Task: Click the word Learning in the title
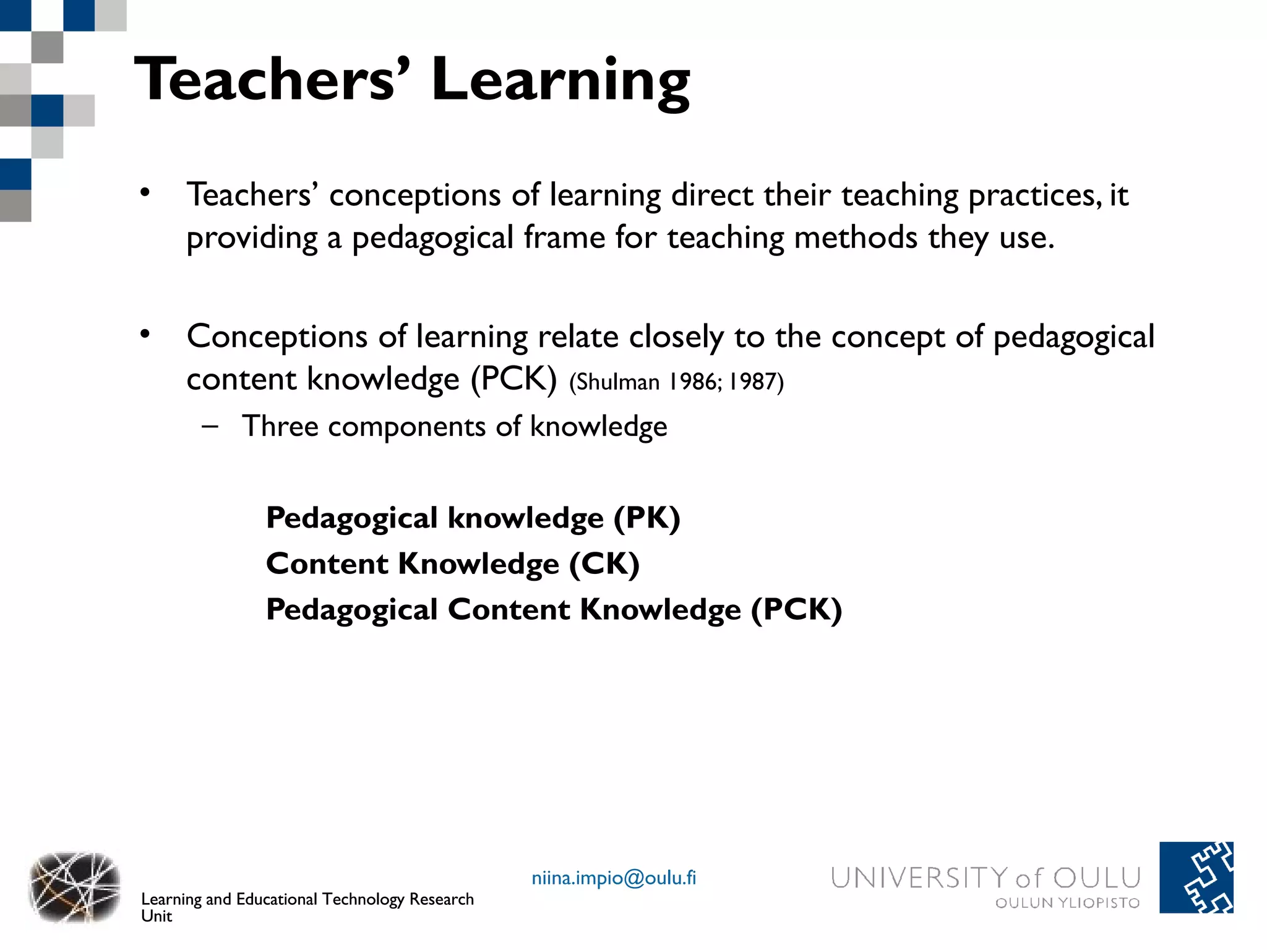click(560, 80)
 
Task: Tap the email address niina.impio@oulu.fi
click(614, 878)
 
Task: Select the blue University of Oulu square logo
click(1196, 877)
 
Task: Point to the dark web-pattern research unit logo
click(74, 886)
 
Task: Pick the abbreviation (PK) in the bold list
click(646, 518)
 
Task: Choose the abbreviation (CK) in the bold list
click(604, 563)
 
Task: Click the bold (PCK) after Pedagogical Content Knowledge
click(796, 609)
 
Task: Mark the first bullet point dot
click(145, 192)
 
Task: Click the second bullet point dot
click(145, 334)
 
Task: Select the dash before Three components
click(210, 426)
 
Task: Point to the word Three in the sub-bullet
click(280, 426)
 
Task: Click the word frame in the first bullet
click(564, 237)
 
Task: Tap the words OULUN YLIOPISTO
click(1067, 903)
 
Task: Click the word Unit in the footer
click(156, 916)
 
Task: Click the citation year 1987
click(752, 382)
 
